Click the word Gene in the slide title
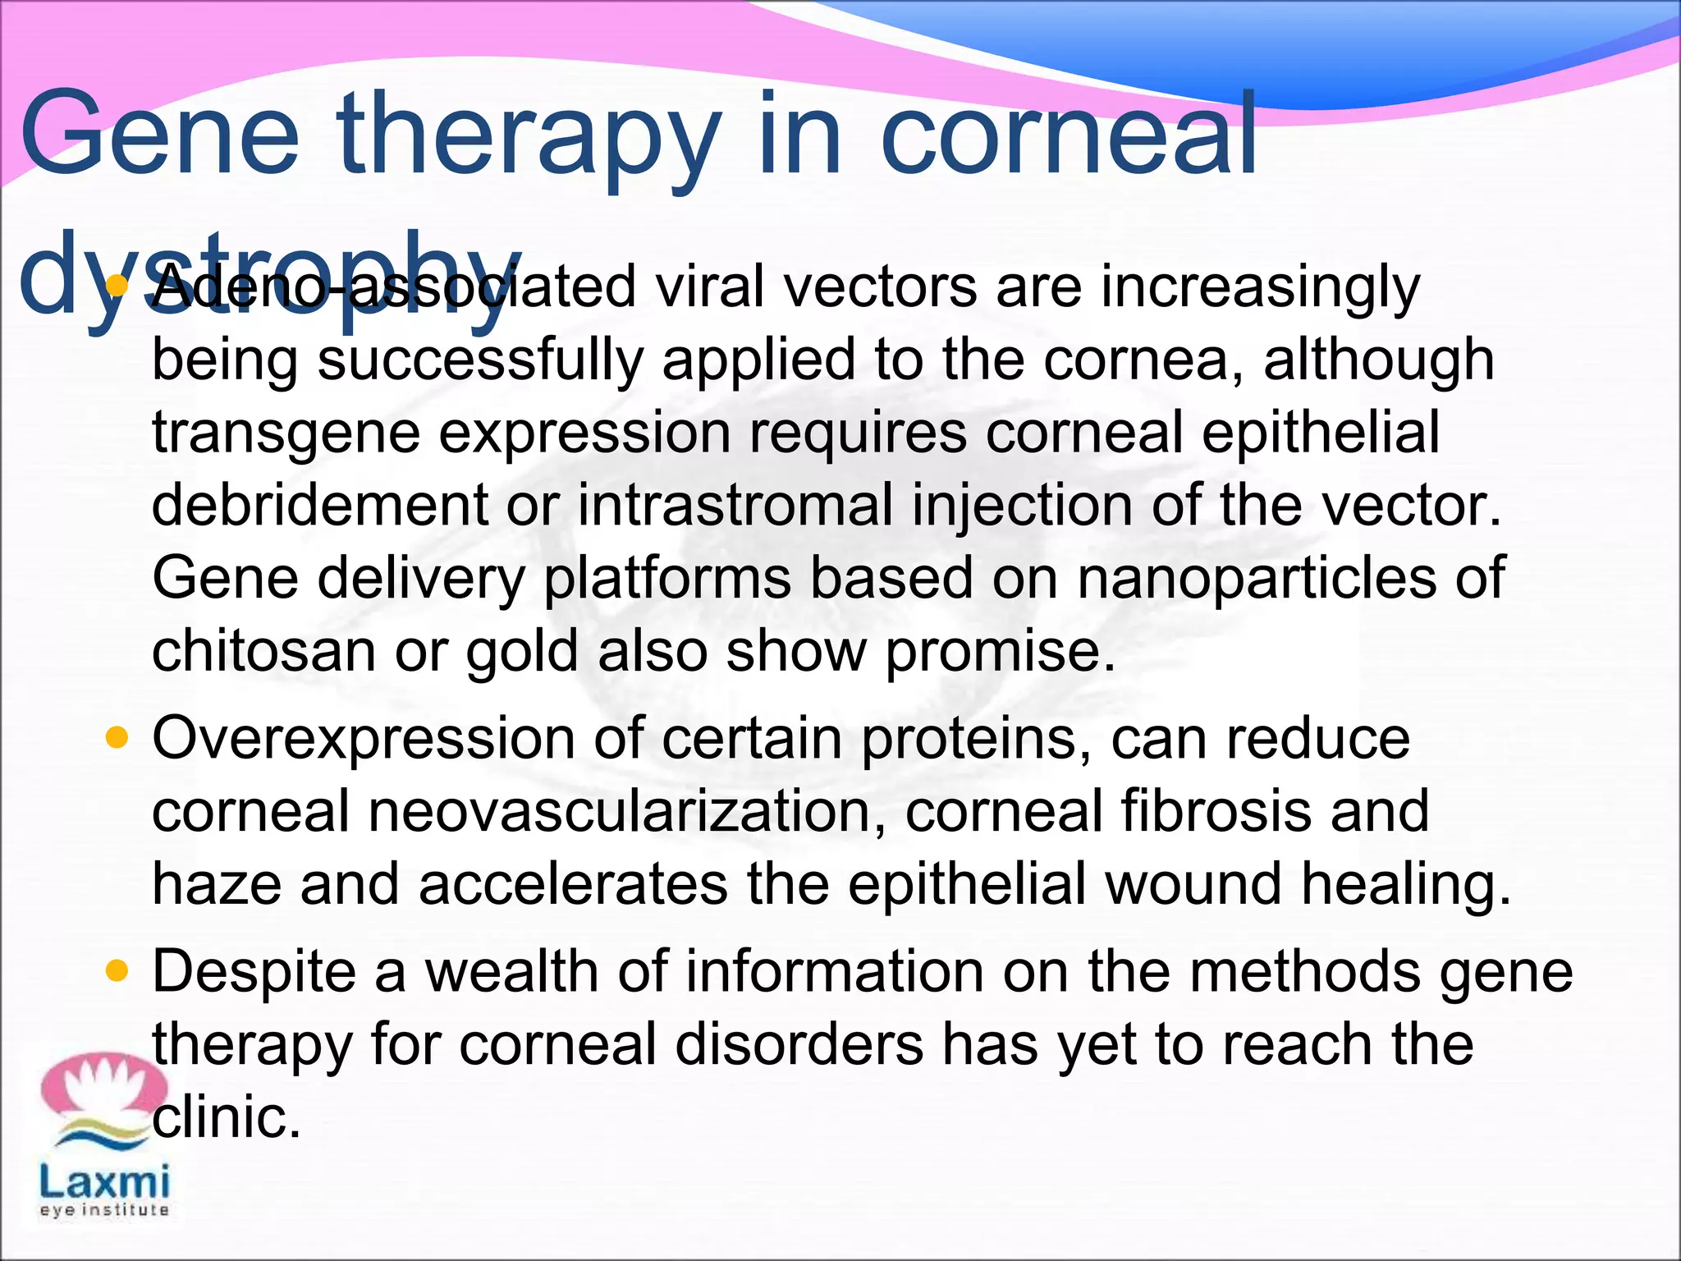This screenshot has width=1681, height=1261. tap(159, 135)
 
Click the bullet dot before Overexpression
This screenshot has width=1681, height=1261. tap(118, 738)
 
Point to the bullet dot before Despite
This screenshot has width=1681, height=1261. tap(118, 972)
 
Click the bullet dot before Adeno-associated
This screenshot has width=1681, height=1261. tap(118, 287)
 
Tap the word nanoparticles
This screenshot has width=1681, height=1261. tap(1257, 578)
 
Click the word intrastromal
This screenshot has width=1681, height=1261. tap(735, 505)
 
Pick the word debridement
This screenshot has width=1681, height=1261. tap(320, 505)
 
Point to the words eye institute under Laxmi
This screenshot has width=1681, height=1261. tap(104, 1210)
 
